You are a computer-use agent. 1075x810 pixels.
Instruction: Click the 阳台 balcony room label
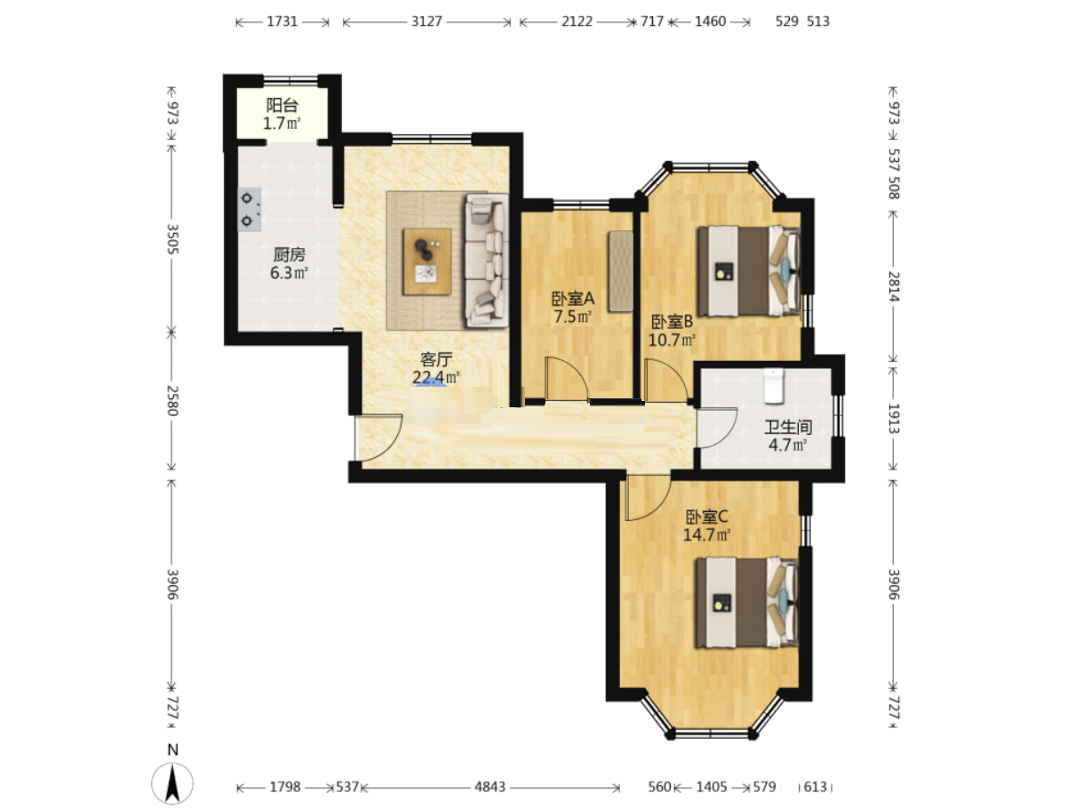283,105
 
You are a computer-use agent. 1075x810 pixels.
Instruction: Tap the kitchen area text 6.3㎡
289,272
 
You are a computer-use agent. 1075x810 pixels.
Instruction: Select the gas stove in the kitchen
250,209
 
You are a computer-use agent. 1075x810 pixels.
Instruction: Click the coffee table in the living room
426,261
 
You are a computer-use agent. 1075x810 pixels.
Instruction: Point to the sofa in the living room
486,261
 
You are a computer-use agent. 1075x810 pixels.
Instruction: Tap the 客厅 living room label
435,360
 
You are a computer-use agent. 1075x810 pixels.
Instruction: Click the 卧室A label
572,298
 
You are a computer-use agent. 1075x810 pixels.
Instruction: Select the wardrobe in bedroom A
620,271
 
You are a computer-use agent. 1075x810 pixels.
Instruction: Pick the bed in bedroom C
747,602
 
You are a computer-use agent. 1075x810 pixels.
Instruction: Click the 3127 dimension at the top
426,21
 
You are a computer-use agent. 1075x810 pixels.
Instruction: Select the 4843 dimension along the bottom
490,787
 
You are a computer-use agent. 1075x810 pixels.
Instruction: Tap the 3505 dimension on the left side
172,239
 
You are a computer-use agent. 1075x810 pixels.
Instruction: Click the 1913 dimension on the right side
894,419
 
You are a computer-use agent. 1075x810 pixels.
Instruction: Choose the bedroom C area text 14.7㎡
706,534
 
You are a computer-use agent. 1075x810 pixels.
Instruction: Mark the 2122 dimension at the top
577,21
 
